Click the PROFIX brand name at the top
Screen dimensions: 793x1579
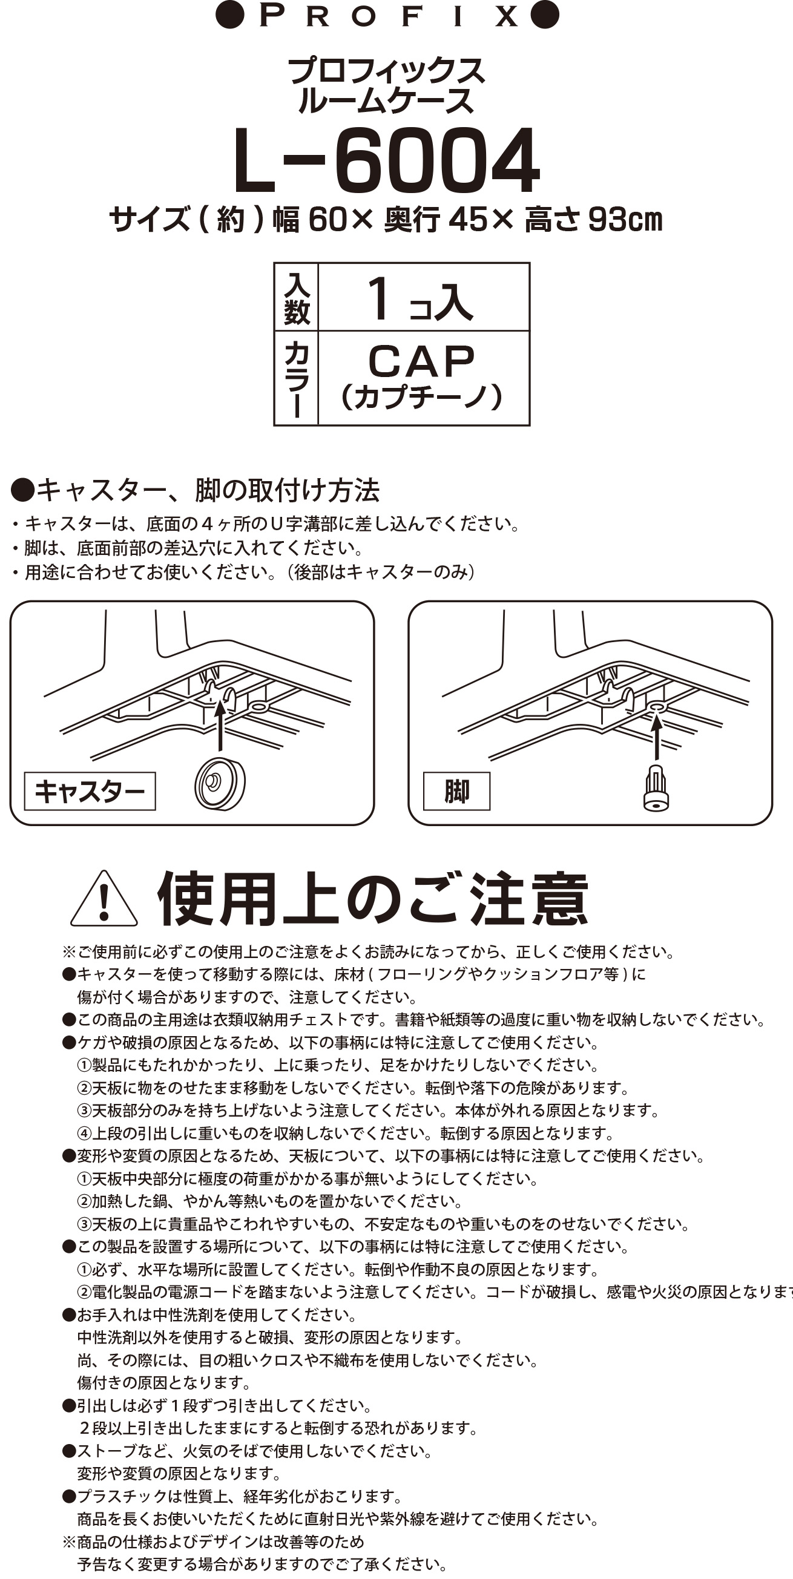(387, 16)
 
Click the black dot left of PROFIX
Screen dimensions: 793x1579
(230, 15)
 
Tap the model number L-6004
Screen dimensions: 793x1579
(386, 160)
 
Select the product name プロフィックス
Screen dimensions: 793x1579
(386, 71)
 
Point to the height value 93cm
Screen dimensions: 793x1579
(625, 220)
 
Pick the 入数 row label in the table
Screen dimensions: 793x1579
(296, 298)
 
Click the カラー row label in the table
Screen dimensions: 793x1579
(296, 378)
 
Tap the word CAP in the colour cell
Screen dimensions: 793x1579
(421, 361)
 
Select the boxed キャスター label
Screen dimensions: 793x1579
(90, 792)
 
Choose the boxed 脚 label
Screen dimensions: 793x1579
(457, 792)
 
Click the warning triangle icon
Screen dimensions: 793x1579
(104, 899)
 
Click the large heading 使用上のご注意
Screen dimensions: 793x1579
(373, 899)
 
